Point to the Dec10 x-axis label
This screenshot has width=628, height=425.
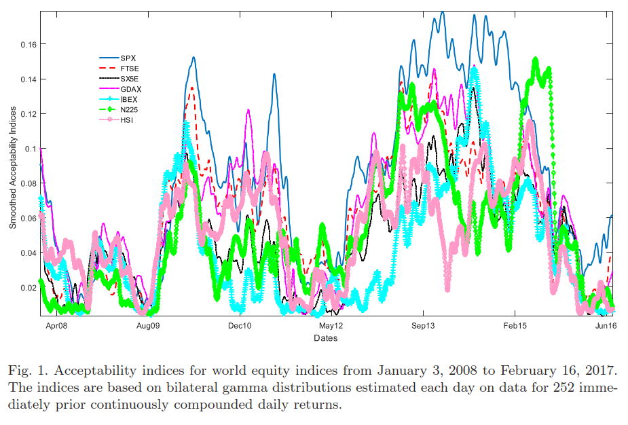pos(240,326)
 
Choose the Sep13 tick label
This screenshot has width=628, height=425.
pos(423,326)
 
